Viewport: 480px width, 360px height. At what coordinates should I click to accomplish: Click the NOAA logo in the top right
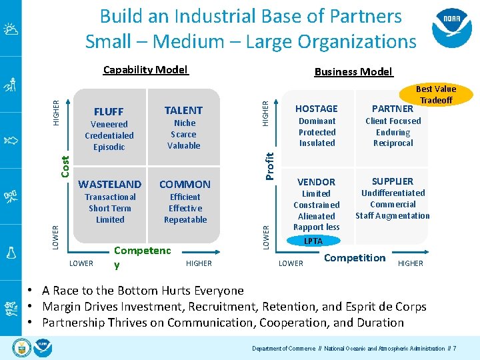click(452, 27)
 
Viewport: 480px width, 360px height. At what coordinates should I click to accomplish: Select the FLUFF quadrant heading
click(109, 111)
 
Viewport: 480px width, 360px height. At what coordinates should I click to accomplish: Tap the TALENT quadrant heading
click(183, 110)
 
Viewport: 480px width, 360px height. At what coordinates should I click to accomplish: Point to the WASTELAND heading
click(110, 184)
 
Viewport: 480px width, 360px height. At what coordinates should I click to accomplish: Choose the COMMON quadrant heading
click(185, 184)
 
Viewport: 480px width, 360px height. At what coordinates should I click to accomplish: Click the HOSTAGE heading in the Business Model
click(317, 109)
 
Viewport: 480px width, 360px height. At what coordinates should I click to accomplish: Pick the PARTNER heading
click(393, 109)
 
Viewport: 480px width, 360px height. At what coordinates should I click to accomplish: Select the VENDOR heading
click(316, 181)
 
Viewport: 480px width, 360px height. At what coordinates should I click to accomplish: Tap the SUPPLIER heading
click(393, 181)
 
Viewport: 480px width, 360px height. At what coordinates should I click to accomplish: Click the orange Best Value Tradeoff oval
click(436, 94)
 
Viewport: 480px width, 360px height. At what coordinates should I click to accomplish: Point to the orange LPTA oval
click(313, 241)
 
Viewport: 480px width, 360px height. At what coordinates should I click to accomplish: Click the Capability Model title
click(146, 70)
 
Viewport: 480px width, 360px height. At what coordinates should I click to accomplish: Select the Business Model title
click(353, 72)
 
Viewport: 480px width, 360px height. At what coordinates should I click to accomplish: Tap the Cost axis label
click(65, 166)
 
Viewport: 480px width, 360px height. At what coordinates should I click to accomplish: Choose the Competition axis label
click(355, 258)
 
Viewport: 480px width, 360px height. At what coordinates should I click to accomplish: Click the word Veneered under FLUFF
click(109, 124)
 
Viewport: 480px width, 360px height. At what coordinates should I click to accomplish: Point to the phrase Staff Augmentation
click(393, 215)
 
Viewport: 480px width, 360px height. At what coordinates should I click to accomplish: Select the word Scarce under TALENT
click(184, 134)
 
